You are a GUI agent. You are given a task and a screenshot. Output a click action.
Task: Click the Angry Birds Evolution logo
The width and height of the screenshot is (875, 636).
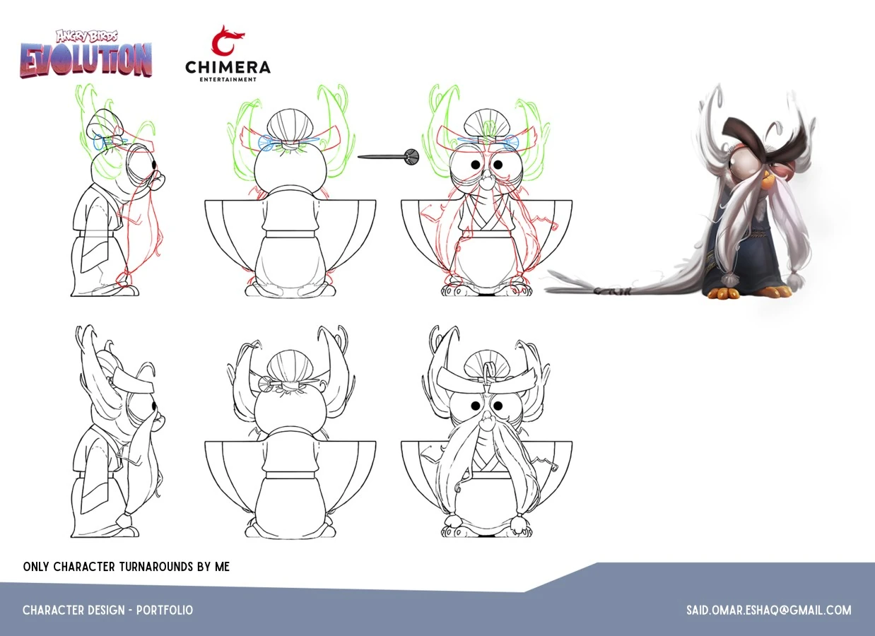pyautogui.click(x=86, y=54)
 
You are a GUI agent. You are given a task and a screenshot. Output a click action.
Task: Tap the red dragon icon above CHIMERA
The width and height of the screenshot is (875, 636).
pyautogui.click(x=228, y=40)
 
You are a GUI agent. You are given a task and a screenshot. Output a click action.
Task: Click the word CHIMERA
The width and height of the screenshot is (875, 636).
pyautogui.click(x=228, y=68)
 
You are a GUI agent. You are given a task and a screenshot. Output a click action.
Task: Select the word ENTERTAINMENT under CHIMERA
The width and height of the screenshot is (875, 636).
pyautogui.click(x=228, y=79)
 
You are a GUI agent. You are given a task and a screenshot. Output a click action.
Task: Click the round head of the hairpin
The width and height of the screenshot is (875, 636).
pyautogui.click(x=412, y=157)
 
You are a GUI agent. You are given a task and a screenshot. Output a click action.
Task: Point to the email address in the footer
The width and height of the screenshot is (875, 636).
pyautogui.click(x=769, y=611)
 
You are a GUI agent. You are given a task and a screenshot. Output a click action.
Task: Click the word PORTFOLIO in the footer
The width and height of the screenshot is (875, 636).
pyautogui.click(x=165, y=611)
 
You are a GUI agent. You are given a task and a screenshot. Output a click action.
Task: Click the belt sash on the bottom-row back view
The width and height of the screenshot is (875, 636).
pyautogui.click(x=290, y=476)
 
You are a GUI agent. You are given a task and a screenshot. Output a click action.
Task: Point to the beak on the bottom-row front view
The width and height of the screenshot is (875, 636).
pyautogui.click(x=487, y=420)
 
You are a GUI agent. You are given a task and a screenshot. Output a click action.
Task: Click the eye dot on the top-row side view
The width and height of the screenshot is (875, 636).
pyautogui.click(x=154, y=164)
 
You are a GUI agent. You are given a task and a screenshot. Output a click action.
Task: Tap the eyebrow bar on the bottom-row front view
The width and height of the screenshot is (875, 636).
pyautogui.click(x=486, y=378)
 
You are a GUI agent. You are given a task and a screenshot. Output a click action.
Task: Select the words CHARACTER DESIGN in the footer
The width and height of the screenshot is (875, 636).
pyautogui.click(x=74, y=611)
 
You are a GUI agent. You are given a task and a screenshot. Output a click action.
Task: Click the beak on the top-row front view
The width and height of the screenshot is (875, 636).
pyautogui.click(x=487, y=179)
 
